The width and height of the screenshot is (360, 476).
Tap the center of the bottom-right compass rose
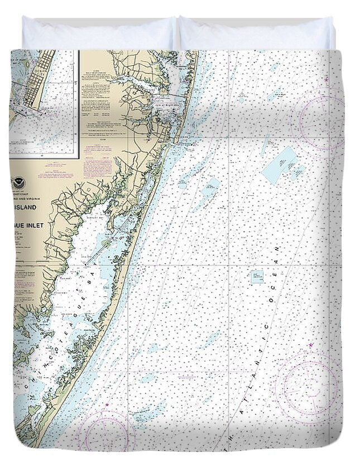pyautogui.click(x=308, y=386)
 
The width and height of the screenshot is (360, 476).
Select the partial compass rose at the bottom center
pyautogui.click(x=106, y=432)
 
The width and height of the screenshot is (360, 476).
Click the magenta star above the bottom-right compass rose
pyautogui.click(x=311, y=345)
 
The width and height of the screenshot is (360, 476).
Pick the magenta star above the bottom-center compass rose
pyautogui.click(x=108, y=403)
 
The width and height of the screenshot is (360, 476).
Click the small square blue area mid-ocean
pyautogui.click(x=257, y=277)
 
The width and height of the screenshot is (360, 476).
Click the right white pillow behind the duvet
pyautogui.click(x=257, y=33)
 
